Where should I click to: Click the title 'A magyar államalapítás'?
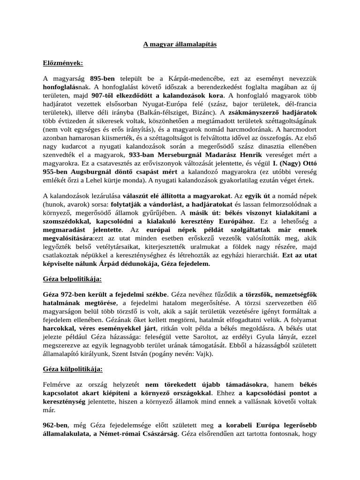(180, 45)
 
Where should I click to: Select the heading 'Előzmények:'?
(63, 62)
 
